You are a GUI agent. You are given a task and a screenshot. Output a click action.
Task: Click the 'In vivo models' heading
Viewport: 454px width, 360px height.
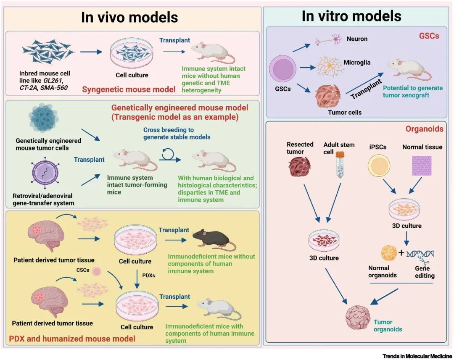pos(129,17)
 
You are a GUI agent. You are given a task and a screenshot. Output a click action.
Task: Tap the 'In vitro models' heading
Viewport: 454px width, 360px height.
pos(351,16)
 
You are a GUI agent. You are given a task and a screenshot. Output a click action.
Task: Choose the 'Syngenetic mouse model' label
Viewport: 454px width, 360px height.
pos(129,89)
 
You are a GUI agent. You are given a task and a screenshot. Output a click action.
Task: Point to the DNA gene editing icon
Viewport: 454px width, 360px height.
pos(421,254)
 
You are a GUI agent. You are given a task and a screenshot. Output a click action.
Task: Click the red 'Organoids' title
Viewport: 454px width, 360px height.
pos(429,129)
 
